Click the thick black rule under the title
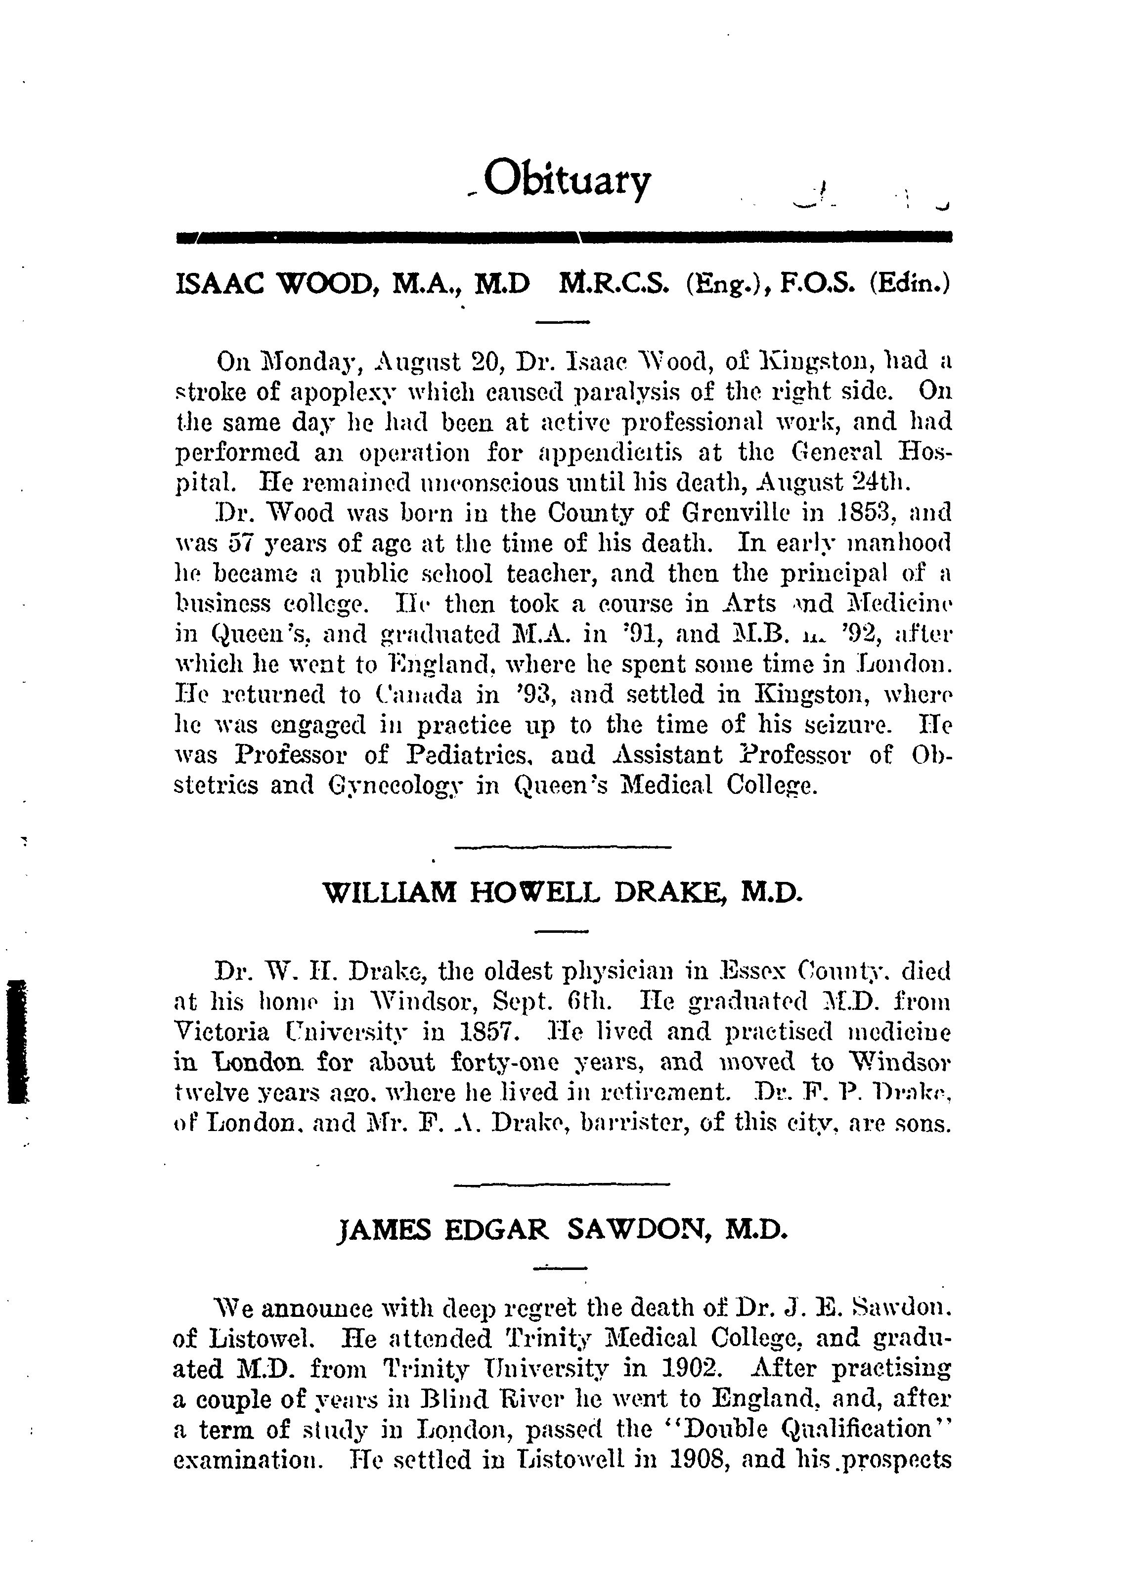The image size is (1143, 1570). (x=564, y=237)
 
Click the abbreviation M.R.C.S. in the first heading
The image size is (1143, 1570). (x=614, y=285)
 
